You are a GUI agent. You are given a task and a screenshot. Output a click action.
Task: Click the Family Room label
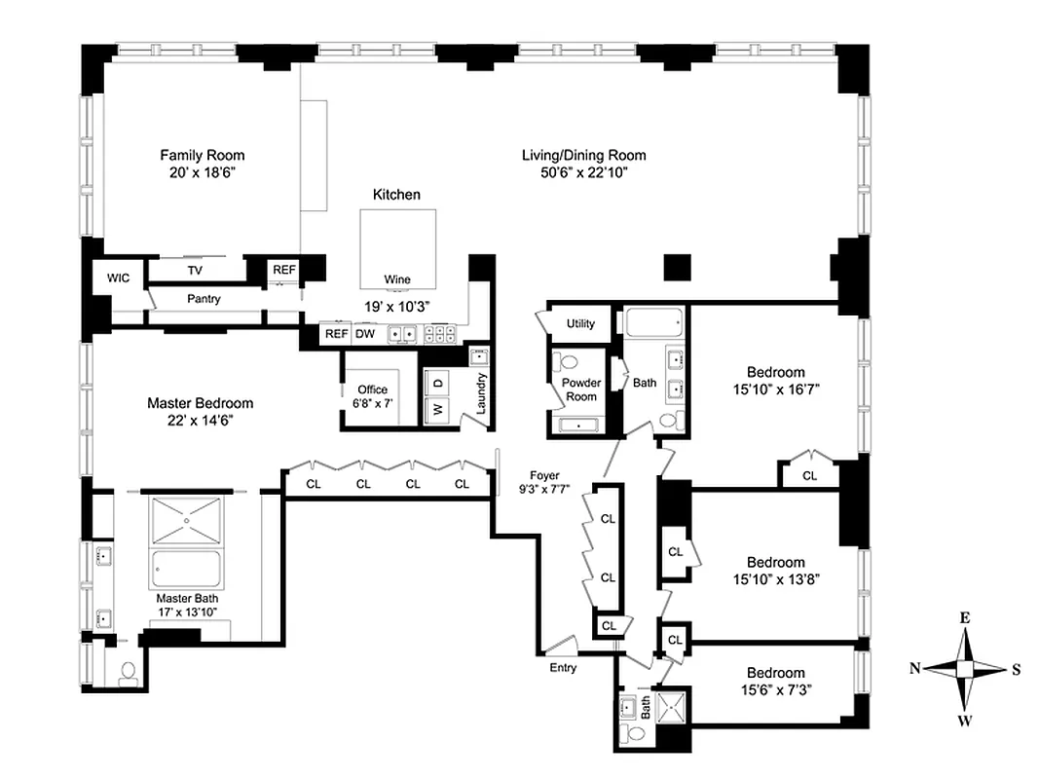(202, 155)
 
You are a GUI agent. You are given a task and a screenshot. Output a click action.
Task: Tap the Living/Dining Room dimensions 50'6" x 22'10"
(583, 172)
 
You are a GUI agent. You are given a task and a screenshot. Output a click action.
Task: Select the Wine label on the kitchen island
(397, 279)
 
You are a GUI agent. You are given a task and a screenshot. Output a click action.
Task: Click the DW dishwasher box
(365, 334)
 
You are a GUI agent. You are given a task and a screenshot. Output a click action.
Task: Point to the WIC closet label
(118, 278)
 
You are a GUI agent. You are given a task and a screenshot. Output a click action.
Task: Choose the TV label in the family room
(195, 270)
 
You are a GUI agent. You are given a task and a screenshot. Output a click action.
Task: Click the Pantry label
(204, 299)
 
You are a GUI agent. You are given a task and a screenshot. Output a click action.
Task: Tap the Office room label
(372, 389)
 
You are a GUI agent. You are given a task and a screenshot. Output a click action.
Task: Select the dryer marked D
(438, 383)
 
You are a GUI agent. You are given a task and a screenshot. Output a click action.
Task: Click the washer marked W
(438, 410)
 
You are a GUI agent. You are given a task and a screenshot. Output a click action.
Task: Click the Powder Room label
(581, 389)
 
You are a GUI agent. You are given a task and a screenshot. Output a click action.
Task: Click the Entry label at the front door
(563, 668)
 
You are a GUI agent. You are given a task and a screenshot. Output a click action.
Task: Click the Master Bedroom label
(200, 403)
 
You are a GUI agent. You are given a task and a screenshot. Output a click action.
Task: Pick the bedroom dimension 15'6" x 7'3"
(775, 688)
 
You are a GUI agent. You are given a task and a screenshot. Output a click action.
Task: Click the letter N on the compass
(915, 668)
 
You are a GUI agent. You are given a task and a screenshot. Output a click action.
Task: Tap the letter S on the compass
(1016, 668)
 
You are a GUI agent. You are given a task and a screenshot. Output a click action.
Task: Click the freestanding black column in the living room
(677, 266)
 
